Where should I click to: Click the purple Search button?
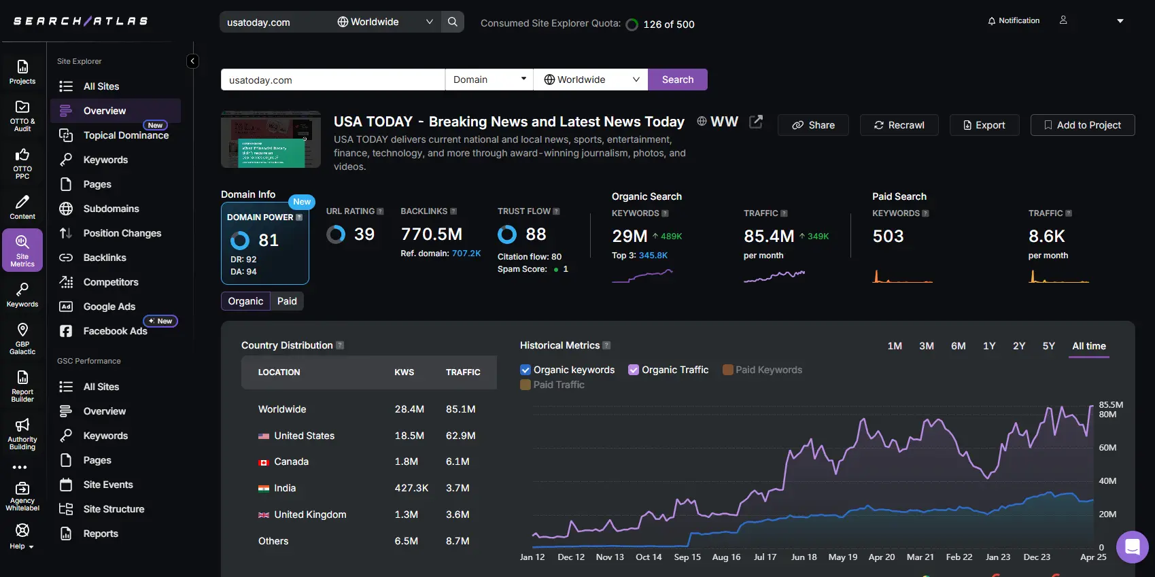pyautogui.click(x=677, y=80)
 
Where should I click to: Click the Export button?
pyautogui.click(x=984, y=125)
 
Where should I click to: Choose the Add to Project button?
pyautogui.click(x=1082, y=125)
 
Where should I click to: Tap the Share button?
pyautogui.click(x=813, y=125)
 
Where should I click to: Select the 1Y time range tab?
pyautogui.click(x=988, y=346)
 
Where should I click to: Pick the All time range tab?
pyautogui.click(x=1088, y=346)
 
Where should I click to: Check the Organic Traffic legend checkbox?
pyautogui.click(x=634, y=370)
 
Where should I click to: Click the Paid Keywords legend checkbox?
pyautogui.click(x=728, y=370)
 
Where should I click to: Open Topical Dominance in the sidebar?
pyautogui.click(x=126, y=135)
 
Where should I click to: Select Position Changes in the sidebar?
pyautogui.click(x=122, y=233)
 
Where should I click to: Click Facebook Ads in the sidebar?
pyautogui.click(x=115, y=331)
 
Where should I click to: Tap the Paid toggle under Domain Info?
pyautogui.click(x=287, y=301)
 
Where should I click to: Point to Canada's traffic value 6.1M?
pyautogui.click(x=458, y=461)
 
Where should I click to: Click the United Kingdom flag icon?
pyautogui.click(x=264, y=515)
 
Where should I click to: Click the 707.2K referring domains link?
pyautogui.click(x=466, y=253)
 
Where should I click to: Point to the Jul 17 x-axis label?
pyautogui.click(x=765, y=557)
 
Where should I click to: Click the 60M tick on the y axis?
pyautogui.click(x=1107, y=448)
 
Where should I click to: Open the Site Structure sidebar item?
pyautogui.click(x=114, y=509)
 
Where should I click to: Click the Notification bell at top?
pyautogui.click(x=1013, y=21)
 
